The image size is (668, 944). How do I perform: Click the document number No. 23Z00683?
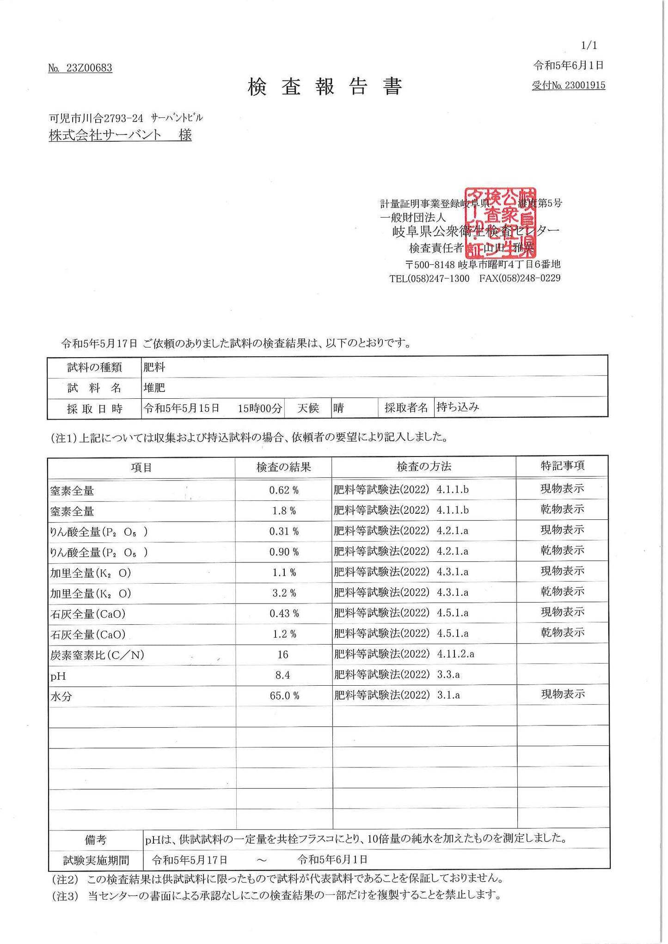[80, 68]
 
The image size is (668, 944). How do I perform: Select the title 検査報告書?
[325, 86]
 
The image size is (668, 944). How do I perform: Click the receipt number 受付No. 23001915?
[568, 85]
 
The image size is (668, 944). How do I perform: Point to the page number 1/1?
[588, 45]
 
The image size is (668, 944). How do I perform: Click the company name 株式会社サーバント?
[105, 135]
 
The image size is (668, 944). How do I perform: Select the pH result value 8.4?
[282, 675]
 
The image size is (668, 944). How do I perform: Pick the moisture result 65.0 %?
[284, 695]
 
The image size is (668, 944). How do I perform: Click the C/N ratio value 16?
[282, 655]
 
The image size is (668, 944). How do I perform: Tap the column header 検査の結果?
[283, 467]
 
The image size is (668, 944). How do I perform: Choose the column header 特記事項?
[562, 466]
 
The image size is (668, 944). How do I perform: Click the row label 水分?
[61, 696]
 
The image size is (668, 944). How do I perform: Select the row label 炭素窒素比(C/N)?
[97, 655]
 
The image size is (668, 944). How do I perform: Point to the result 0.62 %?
[283, 490]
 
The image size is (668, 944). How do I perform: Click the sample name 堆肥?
[154, 388]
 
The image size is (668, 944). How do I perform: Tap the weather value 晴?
[338, 408]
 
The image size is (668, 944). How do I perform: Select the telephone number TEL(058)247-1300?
[429, 278]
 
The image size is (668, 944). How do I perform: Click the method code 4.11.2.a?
[455, 654]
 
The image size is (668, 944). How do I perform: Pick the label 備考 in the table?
[95, 840]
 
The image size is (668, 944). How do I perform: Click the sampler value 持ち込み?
[457, 407]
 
